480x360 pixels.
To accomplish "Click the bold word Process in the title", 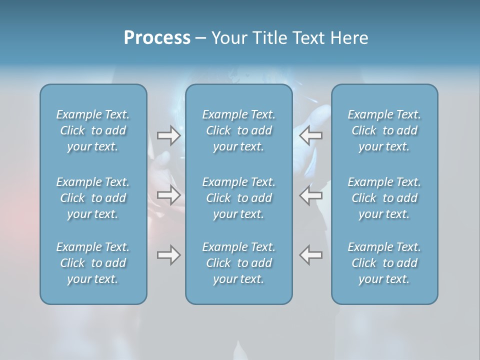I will pyautogui.click(x=157, y=38).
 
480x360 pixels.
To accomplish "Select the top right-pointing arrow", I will pyautogui.click(x=168, y=135).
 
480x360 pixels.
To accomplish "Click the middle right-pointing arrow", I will pyautogui.click(x=168, y=195).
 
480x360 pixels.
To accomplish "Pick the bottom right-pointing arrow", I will pyautogui.click(x=168, y=255).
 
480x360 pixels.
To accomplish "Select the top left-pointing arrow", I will pyautogui.click(x=311, y=135).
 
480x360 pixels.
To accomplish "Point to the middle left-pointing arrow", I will pyautogui.click(x=311, y=195).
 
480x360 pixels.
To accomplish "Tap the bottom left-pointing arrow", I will pyautogui.click(x=311, y=255).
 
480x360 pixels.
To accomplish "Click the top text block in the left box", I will pyautogui.click(x=93, y=130).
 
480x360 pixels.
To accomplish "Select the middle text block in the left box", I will pyautogui.click(x=93, y=198).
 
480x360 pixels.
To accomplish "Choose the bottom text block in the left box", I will pyautogui.click(x=93, y=263).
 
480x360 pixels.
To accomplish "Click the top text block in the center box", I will pyautogui.click(x=239, y=130).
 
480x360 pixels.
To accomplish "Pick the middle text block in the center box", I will pyautogui.click(x=239, y=198).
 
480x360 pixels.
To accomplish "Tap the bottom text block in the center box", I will pyautogui.click(x=239, y=263).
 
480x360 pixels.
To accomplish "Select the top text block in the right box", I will pyautogui.click(x=384, y=130).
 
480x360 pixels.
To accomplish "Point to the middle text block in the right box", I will pyautogui.click(x=384, y=198).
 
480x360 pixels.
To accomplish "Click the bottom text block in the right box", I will pyautogui.click(x=384, y=263).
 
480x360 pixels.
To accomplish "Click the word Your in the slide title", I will pyautogui.click(x=228, y=38).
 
